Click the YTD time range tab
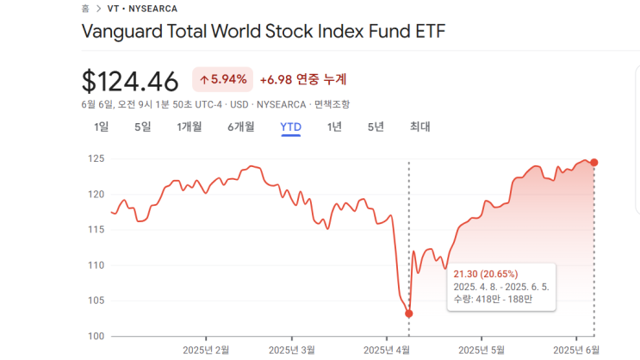[290, 127]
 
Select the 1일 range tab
[101, 127]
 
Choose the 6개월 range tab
[241, 127]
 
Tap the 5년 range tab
[376, 127]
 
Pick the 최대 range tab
[419, 127]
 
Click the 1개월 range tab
[189, 127]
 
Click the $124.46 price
[130, 81]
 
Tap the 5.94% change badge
[222, 79]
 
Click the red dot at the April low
[408, 313]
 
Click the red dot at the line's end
[594, 162]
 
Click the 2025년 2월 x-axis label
[207, 350]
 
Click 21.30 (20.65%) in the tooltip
[485, 274]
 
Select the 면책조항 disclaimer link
[332, 104]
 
